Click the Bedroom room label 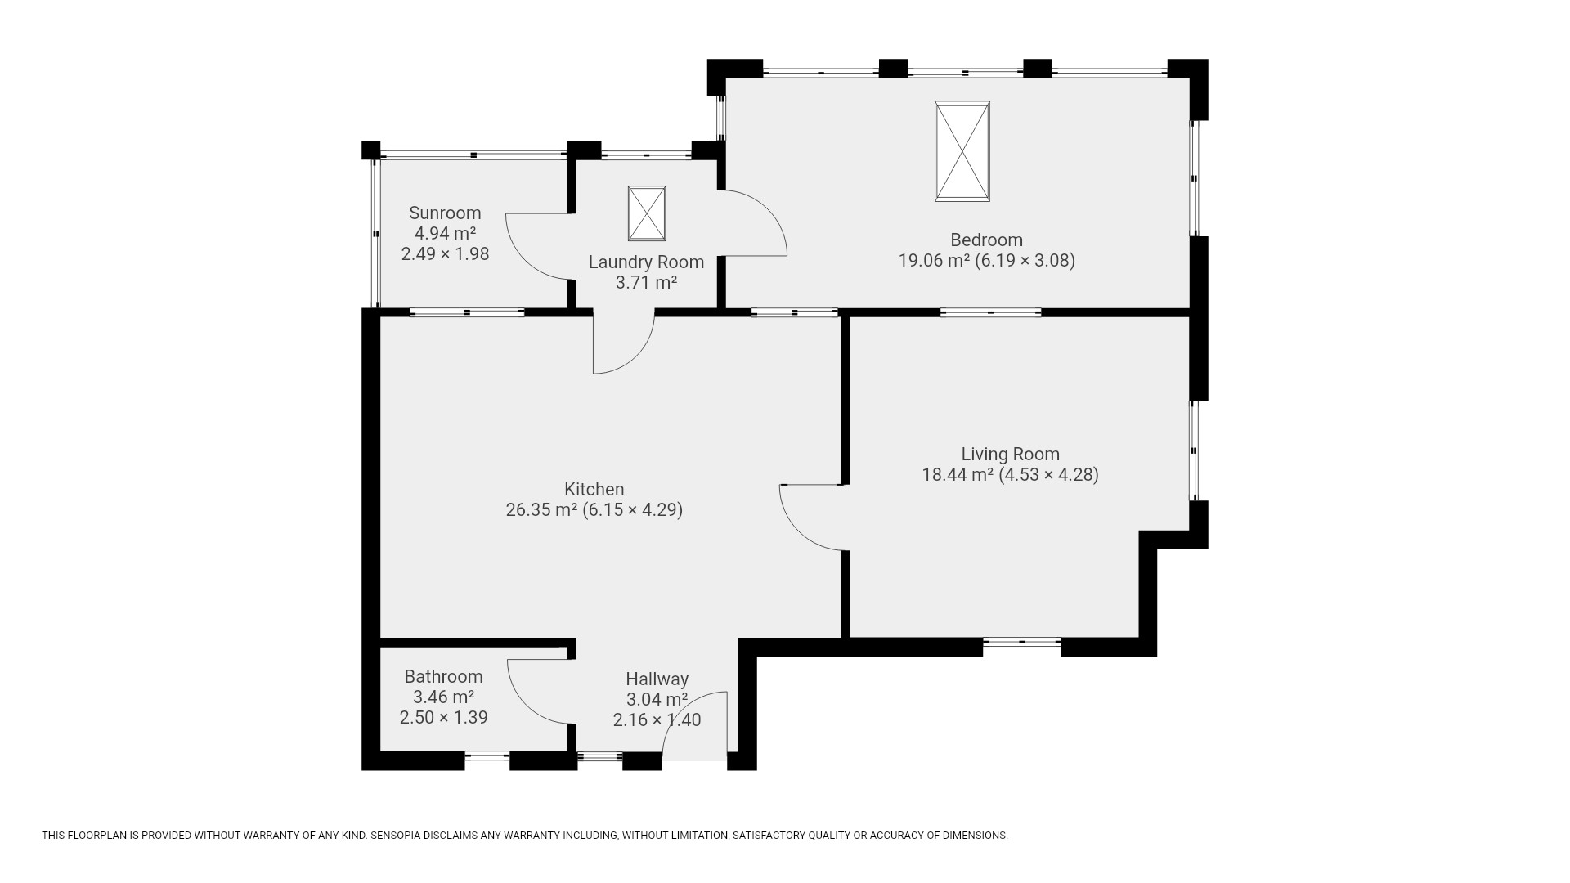pyautogui.click(x=986, y=240)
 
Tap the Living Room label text pyautogui.click(x=1010, y=455)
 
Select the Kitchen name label pyautogui.click(x=594, y=490)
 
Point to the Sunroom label pyautogui.click(x=445, y=213)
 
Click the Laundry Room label pyautogui.click(x=646, y=262)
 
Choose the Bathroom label pyautogui.click(x=443, y=677)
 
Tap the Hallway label pyautogui.click(x=657, y=679)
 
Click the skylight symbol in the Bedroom pyautogui.click(x=962, y=151)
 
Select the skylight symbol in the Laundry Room pyautogui.click(x=647, y=213)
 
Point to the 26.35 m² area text pyautogui.click(x=541, y=510)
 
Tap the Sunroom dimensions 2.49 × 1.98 pyautogui.click(x=445, y=254)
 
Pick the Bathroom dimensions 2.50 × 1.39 pyautogui.click(x=443, y=718)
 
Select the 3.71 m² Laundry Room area pyautogui.click(x=646, y=283)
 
